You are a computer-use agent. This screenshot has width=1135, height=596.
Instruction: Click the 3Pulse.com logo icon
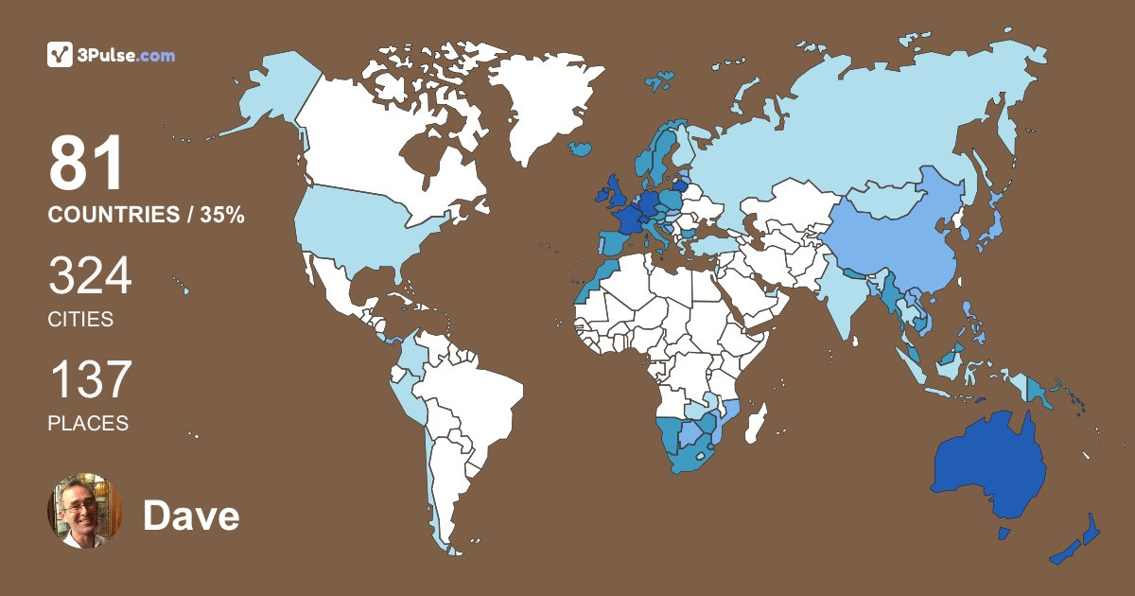[61, 55]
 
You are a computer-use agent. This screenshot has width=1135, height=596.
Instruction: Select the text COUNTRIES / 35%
[147, 216]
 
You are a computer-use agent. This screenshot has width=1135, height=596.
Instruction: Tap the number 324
[90, 277]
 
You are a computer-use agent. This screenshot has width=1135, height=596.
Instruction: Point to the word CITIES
[80, 320]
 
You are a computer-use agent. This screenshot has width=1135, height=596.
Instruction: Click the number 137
[90, 380]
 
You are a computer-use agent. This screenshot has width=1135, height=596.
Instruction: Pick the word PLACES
[88, 424]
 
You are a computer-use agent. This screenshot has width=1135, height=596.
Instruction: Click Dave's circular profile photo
[85, 511]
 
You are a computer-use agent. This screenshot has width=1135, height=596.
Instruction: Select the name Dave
[191, 516]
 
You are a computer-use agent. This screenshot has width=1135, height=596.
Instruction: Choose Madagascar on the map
[755, 423]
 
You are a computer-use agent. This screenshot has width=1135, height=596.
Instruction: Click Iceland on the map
[581, 149]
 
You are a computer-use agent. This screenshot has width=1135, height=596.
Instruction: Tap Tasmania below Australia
[1004, 533]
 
